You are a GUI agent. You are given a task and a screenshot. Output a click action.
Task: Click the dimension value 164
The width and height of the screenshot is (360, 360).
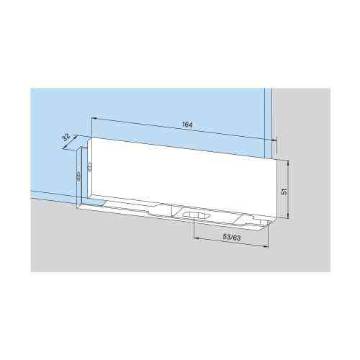click(x=186, y=125)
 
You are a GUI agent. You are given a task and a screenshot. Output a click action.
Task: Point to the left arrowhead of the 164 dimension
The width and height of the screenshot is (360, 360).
click(x=94, y=120)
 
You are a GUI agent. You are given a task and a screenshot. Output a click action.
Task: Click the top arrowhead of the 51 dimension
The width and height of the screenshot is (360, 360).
click(x=289, y=163)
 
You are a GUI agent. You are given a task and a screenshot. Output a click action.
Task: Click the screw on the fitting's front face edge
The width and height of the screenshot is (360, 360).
click(x=89, y=166)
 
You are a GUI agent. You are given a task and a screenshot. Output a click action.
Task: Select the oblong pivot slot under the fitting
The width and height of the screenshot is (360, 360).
click(x=194, y=215)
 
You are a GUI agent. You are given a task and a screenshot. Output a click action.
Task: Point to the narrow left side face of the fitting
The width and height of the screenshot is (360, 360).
click(x=82, y=180)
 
